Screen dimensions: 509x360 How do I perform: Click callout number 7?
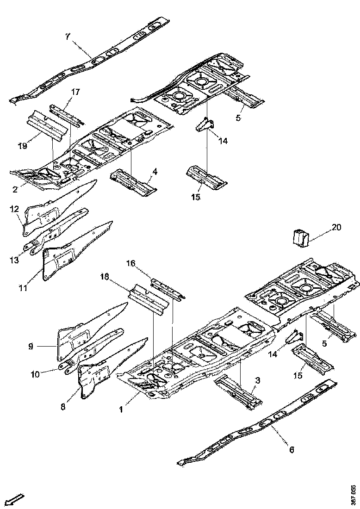coord(68,37)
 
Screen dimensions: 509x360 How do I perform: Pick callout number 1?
coord(121,409)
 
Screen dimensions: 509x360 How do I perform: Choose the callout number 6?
coord(291,449)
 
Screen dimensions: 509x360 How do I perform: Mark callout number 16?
coord(131,263)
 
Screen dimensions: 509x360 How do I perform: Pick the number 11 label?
coord(23,288)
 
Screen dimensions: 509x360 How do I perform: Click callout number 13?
coord(14,260)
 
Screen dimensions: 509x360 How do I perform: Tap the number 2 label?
coord(15,189)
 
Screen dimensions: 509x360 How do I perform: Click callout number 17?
coord(75,92)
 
